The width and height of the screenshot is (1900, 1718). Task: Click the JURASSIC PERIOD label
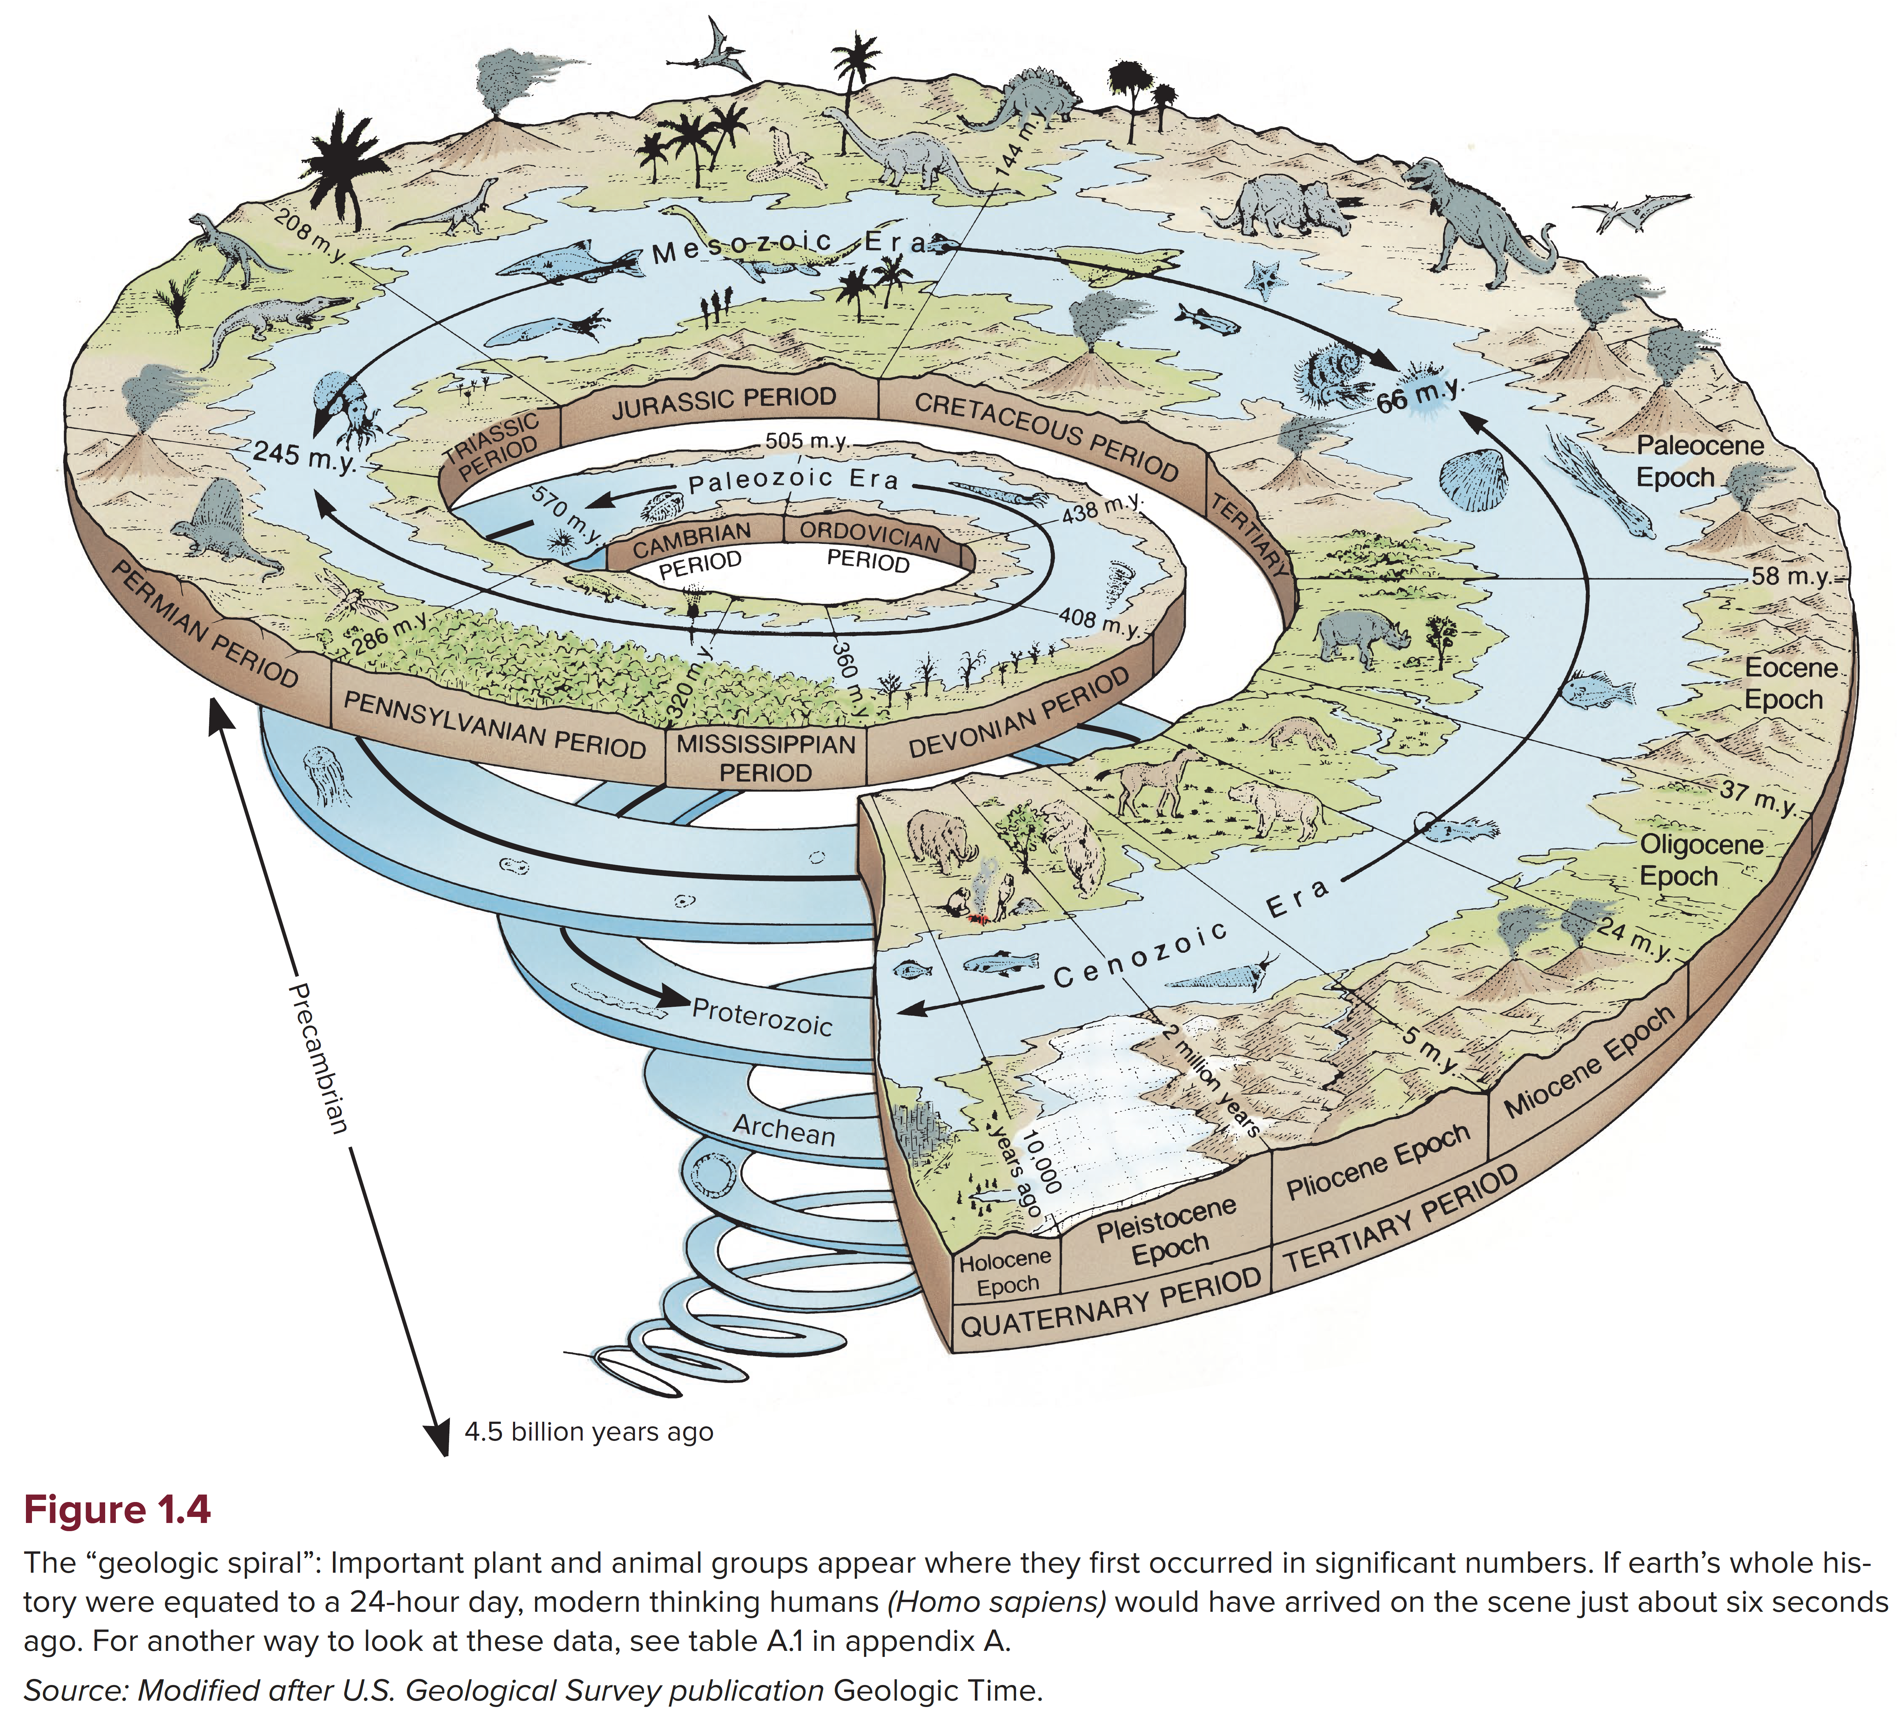click(724, 403)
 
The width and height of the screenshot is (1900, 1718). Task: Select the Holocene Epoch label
click(1006, 1272)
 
